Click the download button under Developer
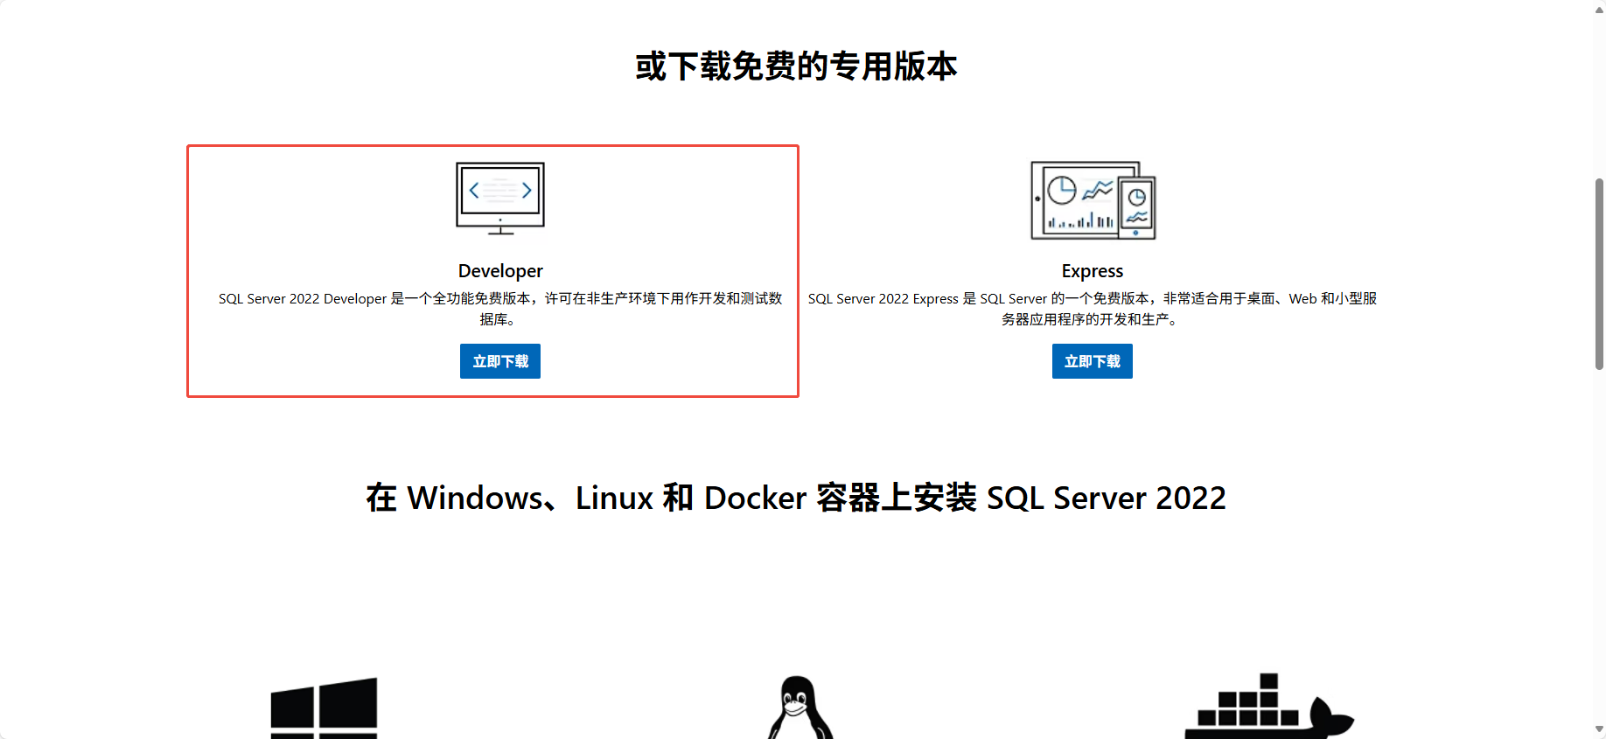point(499,361)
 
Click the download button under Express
point(1092,361)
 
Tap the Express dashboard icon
point(1093,200)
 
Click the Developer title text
point(500,271)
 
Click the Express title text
point(1092,271)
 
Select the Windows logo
point(324,708)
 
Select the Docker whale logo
point(1268,708)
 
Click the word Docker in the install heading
point(755,498)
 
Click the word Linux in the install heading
point(614,498)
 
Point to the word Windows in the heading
point(475,498)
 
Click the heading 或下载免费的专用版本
point(796,66)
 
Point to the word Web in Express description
point(1302,299)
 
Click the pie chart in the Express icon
point(1062,190)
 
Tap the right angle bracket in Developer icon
point(527,191)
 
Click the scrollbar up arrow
point(1599,10)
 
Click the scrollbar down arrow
point(1599,729)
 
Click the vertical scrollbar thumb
point(1599,273)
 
